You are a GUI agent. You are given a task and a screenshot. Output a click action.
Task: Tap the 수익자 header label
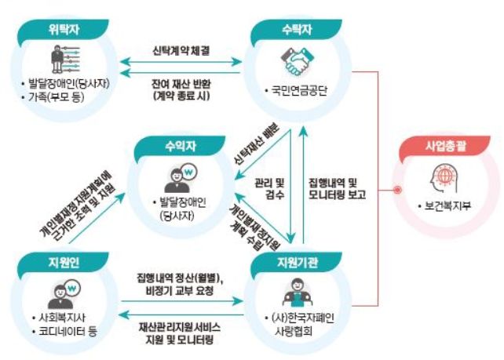pyautogui.click(x=177, y=147)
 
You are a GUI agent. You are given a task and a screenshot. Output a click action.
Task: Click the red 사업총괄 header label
pyautogui.click(x=444, y=146)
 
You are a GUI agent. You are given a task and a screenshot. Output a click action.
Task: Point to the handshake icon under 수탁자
pyautogui.click(x=295, y=62)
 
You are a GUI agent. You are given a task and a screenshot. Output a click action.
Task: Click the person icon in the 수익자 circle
pyautogui.click(x=177, y=177)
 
